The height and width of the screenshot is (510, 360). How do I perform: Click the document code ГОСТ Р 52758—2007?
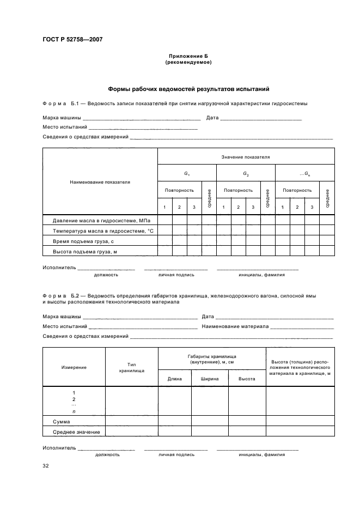click(72, 39)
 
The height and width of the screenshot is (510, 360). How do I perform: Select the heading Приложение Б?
click(188, 56)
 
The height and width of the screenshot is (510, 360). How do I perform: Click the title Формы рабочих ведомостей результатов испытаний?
click(188, 89)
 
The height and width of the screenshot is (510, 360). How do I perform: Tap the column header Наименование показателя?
click(100, 182)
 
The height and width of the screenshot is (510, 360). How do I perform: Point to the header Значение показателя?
click(246, 157)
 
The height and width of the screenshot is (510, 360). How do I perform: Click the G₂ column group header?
click(246, 174)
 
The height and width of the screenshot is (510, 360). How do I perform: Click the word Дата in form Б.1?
click(212, 118)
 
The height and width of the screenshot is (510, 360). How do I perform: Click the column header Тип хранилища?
click(131, 367)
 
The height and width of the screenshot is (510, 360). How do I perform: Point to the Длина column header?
click(174, 378)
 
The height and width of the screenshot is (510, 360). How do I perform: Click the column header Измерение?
click(74, 367)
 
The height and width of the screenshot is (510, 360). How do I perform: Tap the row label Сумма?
click(61, 422)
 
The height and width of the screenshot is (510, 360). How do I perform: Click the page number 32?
click(46, 466)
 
